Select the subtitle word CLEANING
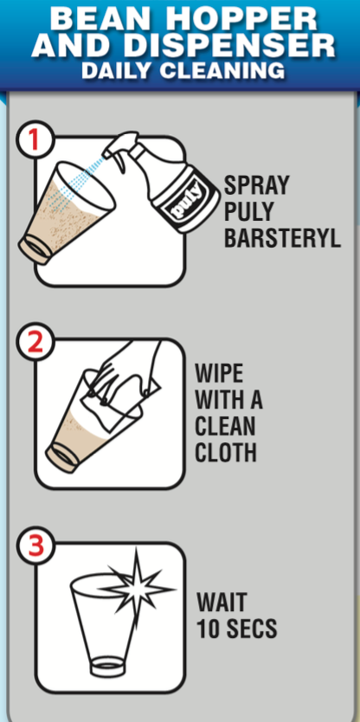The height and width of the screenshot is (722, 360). (x=230, y=71)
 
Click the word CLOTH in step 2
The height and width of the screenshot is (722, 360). (x=227, y=453)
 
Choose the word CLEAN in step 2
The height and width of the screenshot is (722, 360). (x=227, y=428)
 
